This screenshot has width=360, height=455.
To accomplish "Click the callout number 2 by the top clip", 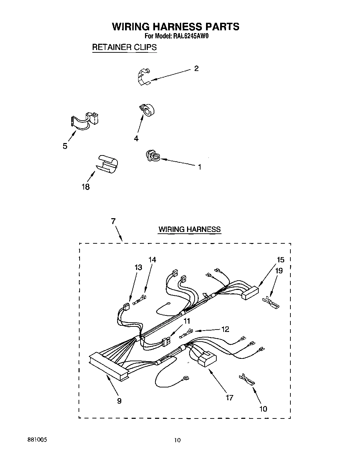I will click(196, 69).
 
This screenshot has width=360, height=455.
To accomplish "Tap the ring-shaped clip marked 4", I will click(147, 110).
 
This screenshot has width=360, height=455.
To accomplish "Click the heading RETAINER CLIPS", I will click(124, 47).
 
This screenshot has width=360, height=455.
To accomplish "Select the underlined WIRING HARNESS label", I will click(189, 229).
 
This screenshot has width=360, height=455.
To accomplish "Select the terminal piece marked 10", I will click(247, 379).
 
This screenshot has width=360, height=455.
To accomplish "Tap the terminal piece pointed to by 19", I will click(271, 303).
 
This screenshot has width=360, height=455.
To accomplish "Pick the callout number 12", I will click(225, 329).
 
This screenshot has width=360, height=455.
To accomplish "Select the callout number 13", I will click(138, 267).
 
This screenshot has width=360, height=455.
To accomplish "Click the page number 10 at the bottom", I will click(177, 440).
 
